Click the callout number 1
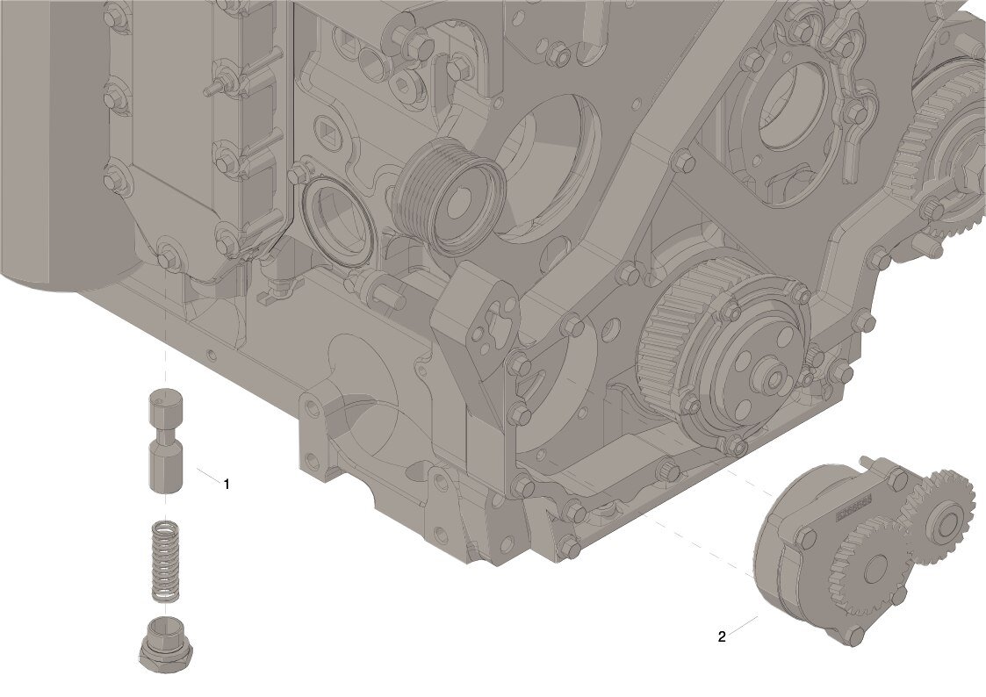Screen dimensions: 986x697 coord(227,484)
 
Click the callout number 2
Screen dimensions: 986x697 coord(722,636)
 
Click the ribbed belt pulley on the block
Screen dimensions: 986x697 coord(448,197)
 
